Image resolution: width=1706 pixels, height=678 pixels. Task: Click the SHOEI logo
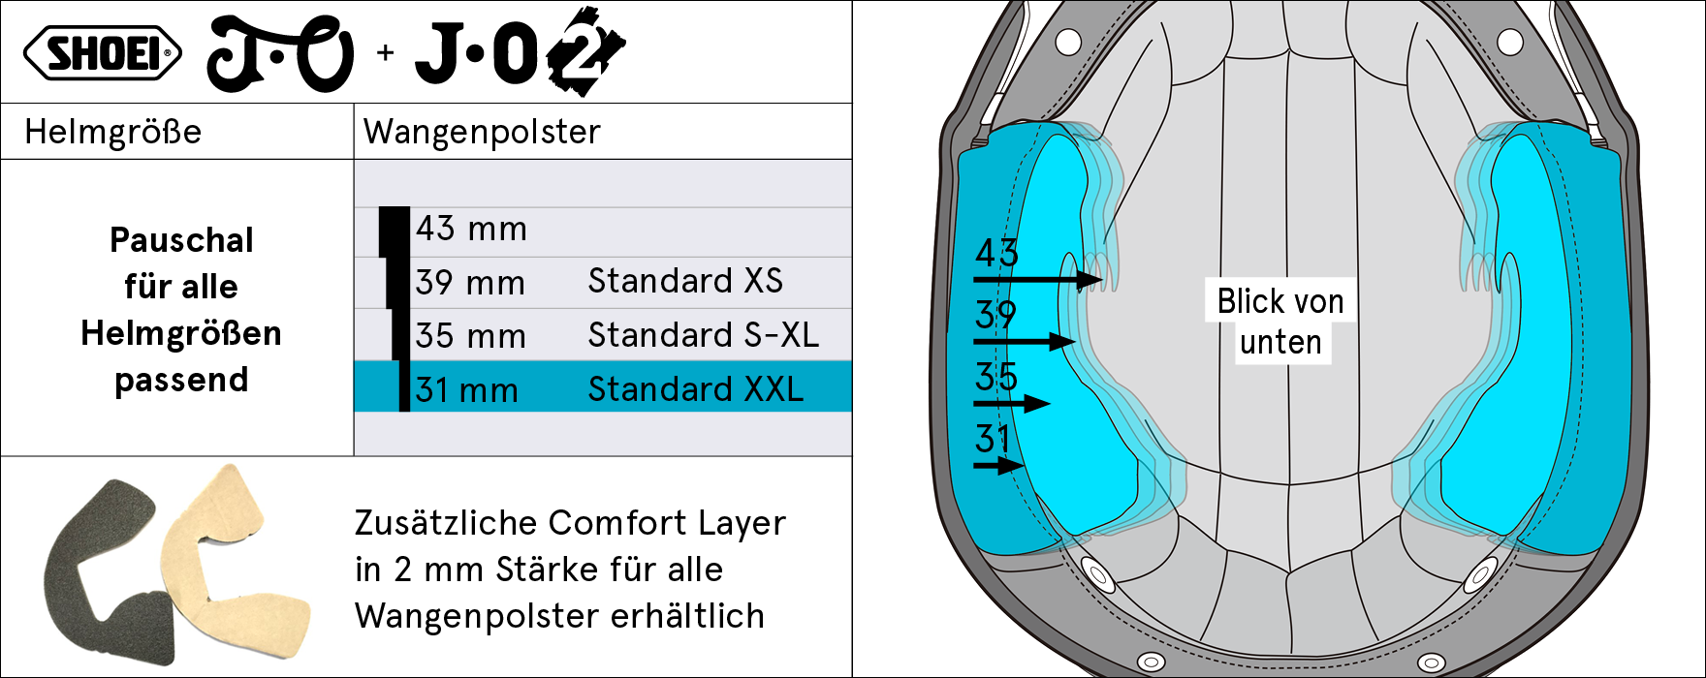pyautogui.click(x=102, y=54)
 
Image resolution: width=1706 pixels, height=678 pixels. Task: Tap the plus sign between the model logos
pyautogui.click(x=386, y=53)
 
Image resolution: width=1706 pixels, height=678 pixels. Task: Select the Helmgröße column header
pyautogui.click(x=112, y=132)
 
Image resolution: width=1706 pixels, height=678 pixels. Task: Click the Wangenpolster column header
pyautogui.click(x=482, y=132)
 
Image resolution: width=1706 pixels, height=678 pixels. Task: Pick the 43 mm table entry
pyautogui.click(x=471, y=230)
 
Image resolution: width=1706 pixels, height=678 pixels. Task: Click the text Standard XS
pyautogui.click(x=685, y=281)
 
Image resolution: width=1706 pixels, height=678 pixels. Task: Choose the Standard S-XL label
pyautogui.click(x=703, y=335)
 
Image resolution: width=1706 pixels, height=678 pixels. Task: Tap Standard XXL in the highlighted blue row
pyautogui.click(x=695, y=389)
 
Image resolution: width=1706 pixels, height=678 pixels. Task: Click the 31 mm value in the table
pyautogui.click(x=466, y=390)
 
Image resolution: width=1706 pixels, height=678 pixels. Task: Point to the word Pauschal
pyautogui.click(x=181, y=240)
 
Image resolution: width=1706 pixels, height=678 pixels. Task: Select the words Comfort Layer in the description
pyautogui.click(x=666, y=523)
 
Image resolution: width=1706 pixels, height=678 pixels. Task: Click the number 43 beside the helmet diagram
pyautogui.click(x=996, y=254)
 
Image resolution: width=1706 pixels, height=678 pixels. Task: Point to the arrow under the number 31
pyautogui.click(x=999, y=466)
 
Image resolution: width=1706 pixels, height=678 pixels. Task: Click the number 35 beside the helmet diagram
pyautogui.click(x=996, y=377)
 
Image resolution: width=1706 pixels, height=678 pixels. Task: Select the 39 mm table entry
pyautogui.click(x=470, y=283)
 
